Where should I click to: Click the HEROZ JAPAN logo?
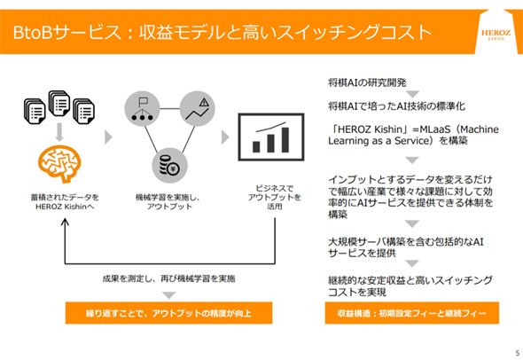coord(496,35)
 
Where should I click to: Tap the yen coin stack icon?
coord(170,165)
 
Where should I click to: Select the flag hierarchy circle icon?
coord(142,109)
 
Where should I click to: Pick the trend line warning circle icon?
coord(197,109)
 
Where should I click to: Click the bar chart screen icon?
coord(271,137)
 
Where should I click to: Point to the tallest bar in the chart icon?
coord(285,139)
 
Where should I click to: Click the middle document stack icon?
coord(59,104)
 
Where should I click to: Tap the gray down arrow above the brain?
coord(59,132)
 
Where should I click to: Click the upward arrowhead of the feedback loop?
coord(65,222)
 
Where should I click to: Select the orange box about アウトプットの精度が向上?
coord(168,313)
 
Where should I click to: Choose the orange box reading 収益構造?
coord(412,313)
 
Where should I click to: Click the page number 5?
coord(518,353)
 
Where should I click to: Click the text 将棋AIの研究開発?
coord(367,82)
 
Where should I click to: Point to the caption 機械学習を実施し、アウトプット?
coord(168,202)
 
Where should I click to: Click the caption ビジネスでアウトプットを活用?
coord(275,197)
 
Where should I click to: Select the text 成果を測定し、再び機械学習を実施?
coord(168,278)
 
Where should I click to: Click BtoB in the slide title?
coord(33,32)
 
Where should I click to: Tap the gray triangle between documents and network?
coord(108,137)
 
